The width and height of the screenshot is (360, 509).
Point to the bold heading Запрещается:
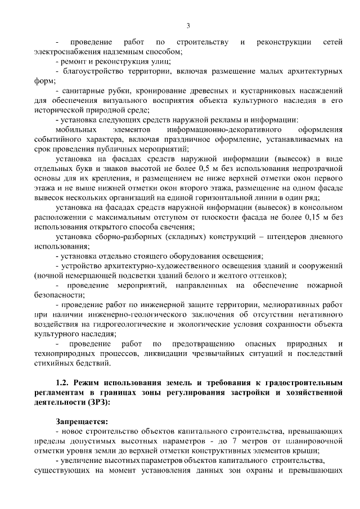tap(82, 421)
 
